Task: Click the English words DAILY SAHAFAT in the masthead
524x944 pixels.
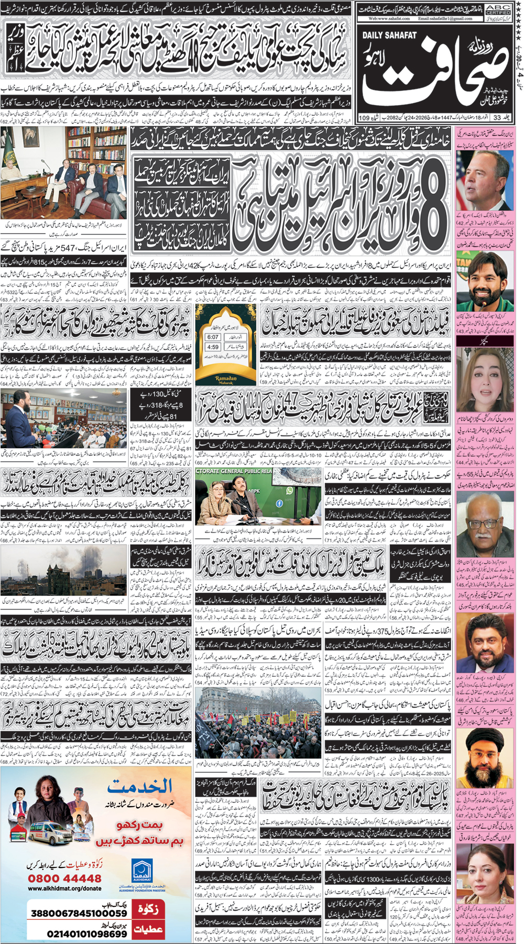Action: (389, 35)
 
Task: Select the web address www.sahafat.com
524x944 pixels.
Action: (388, 18)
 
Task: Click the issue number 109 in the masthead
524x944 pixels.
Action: (364, 118)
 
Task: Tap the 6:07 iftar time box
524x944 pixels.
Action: (213, 337)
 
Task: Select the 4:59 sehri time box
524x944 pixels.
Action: (213, 347)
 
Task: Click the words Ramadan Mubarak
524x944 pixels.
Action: (226, 379)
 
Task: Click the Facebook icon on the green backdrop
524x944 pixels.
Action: (279, 503)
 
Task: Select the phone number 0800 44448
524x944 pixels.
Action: (65, 878)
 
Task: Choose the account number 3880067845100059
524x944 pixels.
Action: (79, 913)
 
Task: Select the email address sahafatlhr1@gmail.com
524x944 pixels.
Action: (445, 18)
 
